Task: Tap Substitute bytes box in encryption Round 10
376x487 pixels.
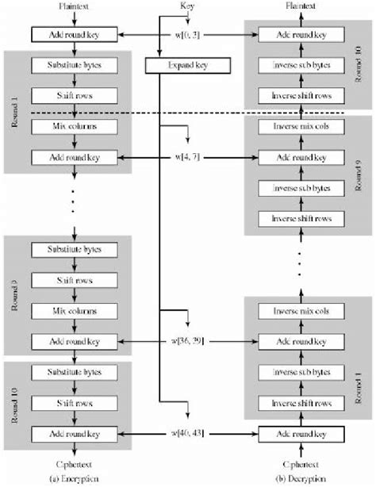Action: [73, 373]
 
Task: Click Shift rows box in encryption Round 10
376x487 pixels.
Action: [73, 402]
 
